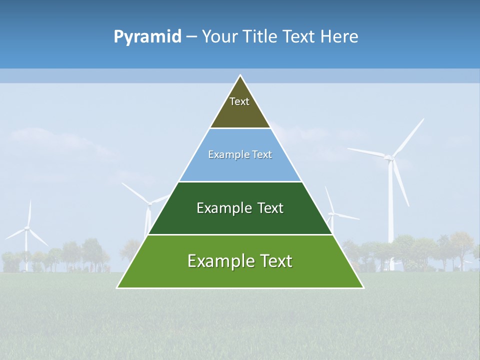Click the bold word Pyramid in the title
[147, 37]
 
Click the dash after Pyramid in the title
[191, 37]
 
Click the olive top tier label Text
[239, 101]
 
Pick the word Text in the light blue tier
[262, 154]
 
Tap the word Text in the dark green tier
[270, 208]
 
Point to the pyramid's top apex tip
[240, 76]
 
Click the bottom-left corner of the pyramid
[118, 287]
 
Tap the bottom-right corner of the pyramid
[363, 287]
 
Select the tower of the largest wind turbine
[391, 210]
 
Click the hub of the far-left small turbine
[27, 228]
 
